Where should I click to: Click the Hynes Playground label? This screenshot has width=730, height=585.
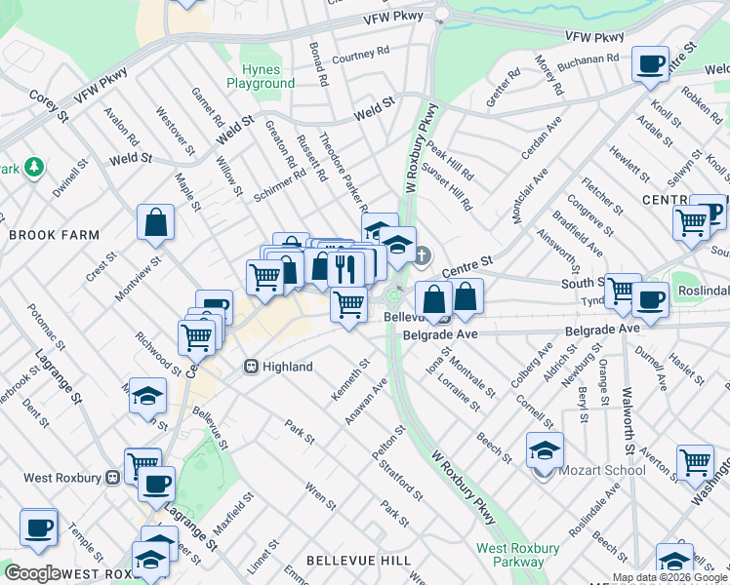pos(261,77)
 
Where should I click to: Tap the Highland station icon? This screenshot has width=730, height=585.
pos(251,367)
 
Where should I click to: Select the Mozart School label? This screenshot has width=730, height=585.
pos(602,470)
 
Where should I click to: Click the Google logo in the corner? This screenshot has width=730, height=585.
pos(32,573)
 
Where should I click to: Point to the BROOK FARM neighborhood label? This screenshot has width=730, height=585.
pos(54,235)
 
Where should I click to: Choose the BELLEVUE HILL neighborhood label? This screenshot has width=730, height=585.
pos(358,561)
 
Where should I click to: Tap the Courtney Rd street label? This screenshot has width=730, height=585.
pos(360,58)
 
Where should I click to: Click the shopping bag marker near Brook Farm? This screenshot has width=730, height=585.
pos(156,223)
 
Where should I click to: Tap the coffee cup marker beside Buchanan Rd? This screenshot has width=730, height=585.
pos(649,64)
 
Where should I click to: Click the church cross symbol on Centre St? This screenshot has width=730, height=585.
pos(421,256)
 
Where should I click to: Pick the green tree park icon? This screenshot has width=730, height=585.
pos(34,168)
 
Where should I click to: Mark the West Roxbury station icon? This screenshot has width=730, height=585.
pos(113,477)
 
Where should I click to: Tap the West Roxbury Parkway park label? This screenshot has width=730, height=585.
pos(510,555)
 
